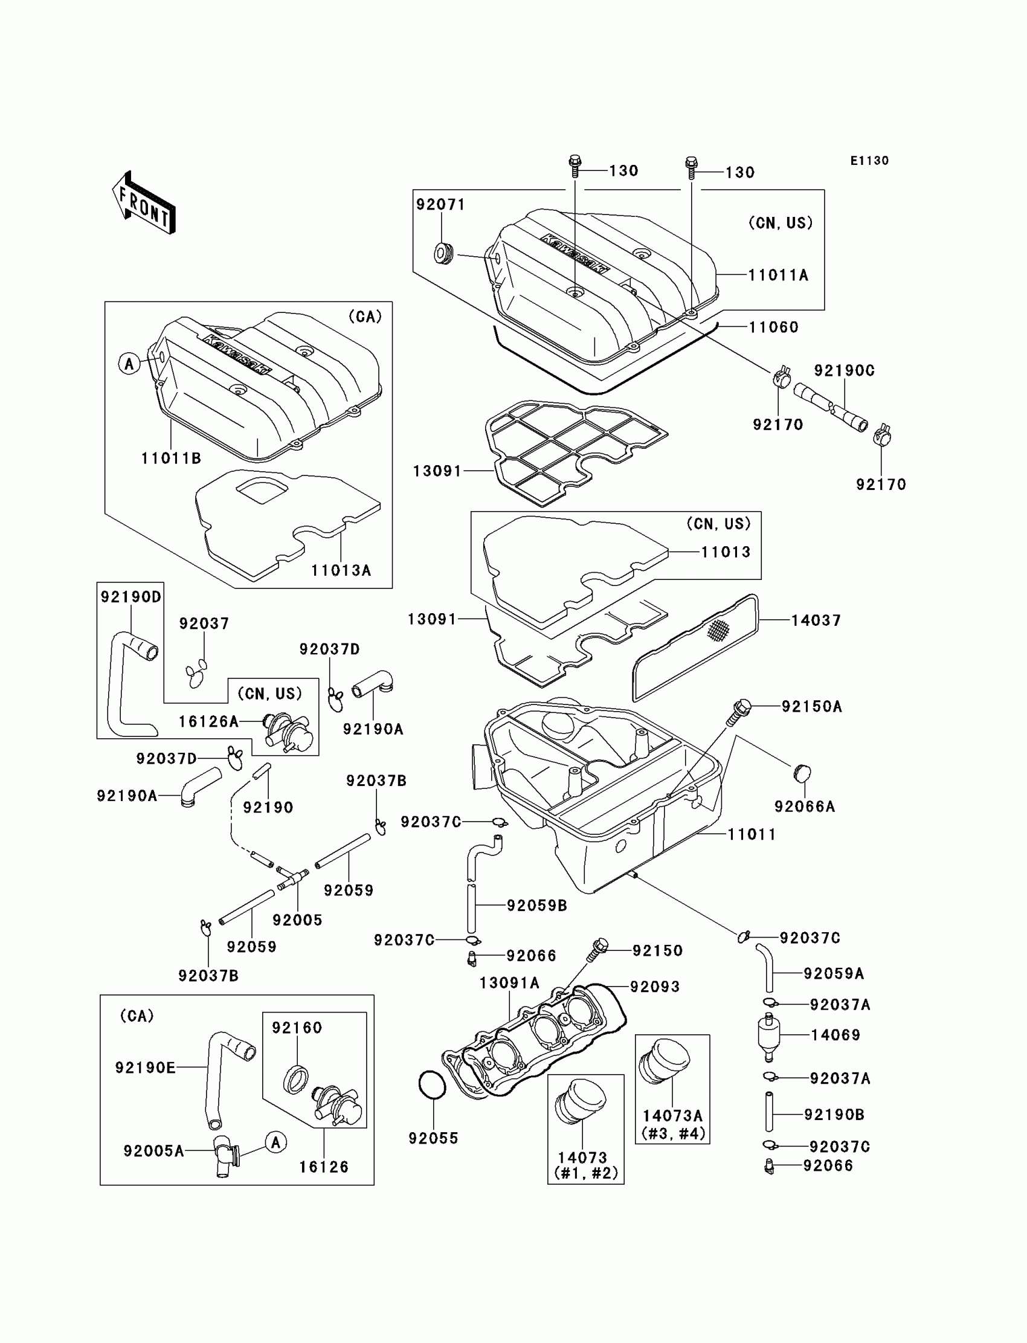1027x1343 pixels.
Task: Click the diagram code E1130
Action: pyautogui.click(x=869, y=161)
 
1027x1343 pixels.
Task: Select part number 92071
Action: pyautogui.click(x=440, y=205)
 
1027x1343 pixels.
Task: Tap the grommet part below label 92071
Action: pyautogui.click(x=444, y=251)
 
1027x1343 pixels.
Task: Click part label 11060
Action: pyautogui.click(x=774, y=327)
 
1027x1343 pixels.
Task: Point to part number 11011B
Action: pyautogui.click(x=171, y=459)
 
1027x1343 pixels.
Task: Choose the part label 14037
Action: pyautogui.click(x=816, y=620)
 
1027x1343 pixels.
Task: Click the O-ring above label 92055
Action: pyautogui.click(x=433, y=1085)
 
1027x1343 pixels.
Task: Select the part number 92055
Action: pyautogui.click(x=433, y=1138)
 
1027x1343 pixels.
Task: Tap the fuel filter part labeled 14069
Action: pyautogui.click(x=768, y=1035)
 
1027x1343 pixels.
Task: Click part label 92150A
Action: pyautogui.click(x=812, y=707)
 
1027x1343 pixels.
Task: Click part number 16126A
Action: pyautogui.click(x=208, y=722)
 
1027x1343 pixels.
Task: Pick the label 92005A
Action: pyautogui.click(x=154, y=1151)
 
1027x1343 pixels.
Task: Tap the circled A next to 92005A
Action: pyautogui.click(x=275, y=1142)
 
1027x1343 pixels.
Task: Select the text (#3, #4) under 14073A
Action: pyautogui.click(x=673, y=1133)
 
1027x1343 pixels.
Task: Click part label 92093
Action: pyautogui.click(x=655, y=987)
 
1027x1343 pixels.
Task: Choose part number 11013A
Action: pyautogui.click(x=341, y=570)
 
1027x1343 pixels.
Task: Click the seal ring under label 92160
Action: pyautogui.click(x=296, y=1078)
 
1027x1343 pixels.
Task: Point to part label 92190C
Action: pyautogui.click(x=843, y=371)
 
